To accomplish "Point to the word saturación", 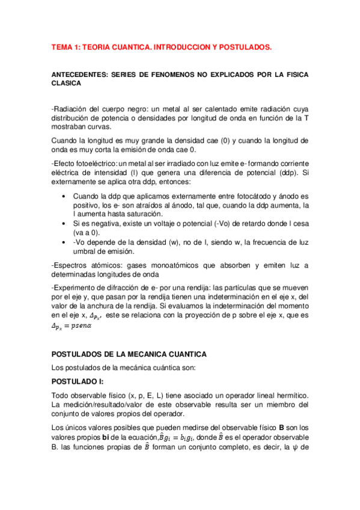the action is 144,214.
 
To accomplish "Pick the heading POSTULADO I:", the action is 78,381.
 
